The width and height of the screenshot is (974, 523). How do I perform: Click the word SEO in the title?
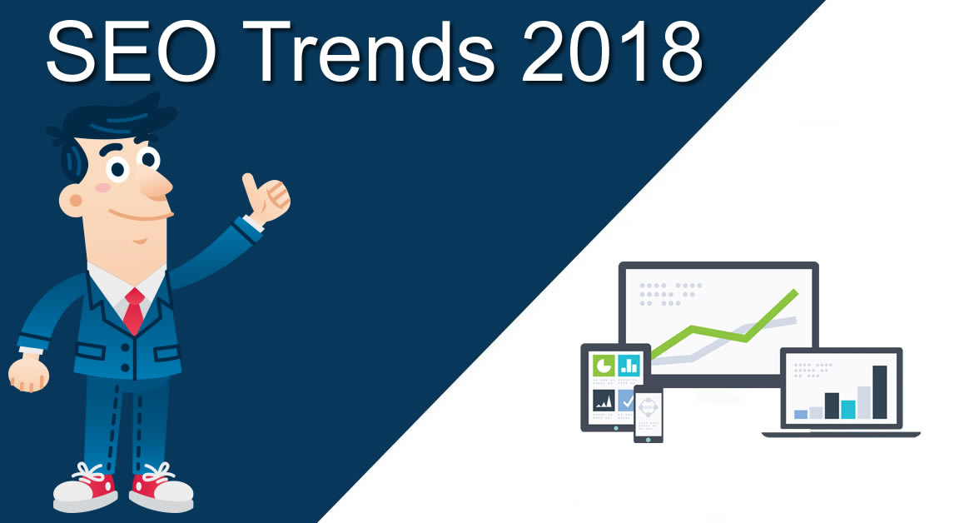(x=131, y=52)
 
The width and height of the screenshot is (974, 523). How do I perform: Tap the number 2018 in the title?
(x=613, y=52)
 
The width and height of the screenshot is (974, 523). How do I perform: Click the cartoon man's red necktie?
(x=133, y=311)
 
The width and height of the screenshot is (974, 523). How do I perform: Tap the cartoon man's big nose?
(x=156, y=184)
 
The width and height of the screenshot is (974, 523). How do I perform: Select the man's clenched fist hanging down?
(x=28, y=374)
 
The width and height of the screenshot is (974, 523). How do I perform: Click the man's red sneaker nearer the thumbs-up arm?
(x=161, y=487)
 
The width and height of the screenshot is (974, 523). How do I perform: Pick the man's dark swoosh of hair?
(x=112, y=124)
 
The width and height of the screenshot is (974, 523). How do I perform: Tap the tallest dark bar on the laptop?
(x=880, y=392)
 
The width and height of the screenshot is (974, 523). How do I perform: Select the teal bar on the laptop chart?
(x=848, y=410)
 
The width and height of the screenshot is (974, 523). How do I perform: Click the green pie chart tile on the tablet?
(x=604, y=366)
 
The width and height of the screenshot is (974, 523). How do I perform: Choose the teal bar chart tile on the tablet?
(x=629, y=366)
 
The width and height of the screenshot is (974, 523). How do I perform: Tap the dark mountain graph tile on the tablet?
(x=604, y=401)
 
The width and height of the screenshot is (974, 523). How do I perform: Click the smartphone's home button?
(x=649, y=439)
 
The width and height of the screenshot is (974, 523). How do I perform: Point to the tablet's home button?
(x=616, y=428)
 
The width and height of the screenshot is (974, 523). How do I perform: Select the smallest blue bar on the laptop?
(x=802, y=414)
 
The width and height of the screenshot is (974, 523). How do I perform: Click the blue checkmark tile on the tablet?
(x=625, y=401)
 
